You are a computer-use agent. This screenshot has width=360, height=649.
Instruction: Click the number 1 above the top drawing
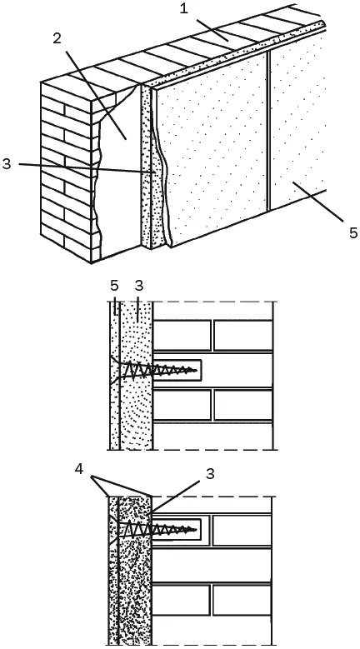[184, 9]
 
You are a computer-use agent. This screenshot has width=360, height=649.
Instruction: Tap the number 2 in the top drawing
[57, 38]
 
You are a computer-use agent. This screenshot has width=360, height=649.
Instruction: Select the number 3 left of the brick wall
[7, 163]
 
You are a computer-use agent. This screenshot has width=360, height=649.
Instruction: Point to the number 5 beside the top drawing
[353, 233]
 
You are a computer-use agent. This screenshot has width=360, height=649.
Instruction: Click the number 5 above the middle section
[115, 286]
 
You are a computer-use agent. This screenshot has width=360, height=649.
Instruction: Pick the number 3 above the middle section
[138, 286]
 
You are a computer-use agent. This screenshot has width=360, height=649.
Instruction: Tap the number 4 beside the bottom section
[79, 469]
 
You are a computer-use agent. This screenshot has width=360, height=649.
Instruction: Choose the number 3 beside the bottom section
[210, 474]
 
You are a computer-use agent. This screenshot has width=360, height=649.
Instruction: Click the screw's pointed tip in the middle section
[195, 370]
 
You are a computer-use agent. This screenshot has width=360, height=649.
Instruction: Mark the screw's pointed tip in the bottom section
[195, 528]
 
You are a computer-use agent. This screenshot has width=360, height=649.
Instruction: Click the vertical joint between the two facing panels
[268, 131]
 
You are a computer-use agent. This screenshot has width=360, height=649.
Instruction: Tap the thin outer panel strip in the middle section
[115, 376]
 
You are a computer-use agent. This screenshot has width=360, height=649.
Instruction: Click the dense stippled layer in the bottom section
[135, 587]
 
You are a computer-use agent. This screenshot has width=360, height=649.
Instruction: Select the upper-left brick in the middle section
[182, 335]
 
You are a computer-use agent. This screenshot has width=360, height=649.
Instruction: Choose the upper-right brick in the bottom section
[242, 531]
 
